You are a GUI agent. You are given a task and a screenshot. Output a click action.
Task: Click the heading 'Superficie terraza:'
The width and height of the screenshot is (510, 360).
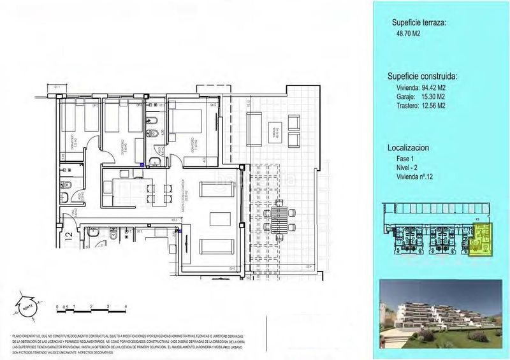coord(419,22)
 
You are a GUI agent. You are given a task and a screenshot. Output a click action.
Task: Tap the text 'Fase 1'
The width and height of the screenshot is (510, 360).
coord(405,158)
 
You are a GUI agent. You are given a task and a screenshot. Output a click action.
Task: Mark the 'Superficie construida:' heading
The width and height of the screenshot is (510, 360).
coord(425,76)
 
